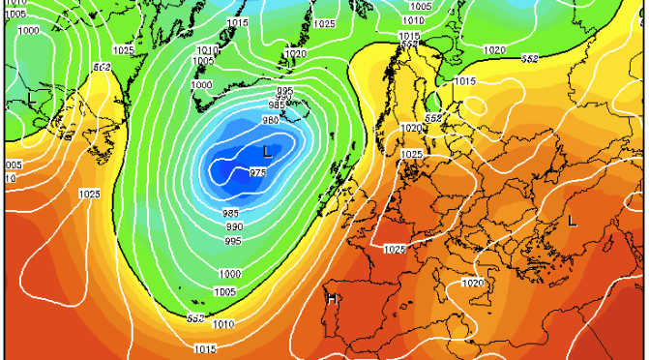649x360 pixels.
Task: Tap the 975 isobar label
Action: pos(257,172)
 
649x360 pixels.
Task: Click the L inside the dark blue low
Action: pos(267,151)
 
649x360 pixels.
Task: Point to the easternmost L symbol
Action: pos(572,221)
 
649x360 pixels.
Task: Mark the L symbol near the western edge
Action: pos(31,100)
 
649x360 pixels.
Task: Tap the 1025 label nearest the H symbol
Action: pos(395,250)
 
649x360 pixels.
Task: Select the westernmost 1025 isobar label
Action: pos(89,195)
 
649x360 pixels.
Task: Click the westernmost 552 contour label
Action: pos(100,67)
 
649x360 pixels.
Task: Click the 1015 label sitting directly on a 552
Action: pos(409,36)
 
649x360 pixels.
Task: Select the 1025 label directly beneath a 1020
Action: pos(411,154)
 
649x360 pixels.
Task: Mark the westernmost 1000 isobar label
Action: pos(29,31)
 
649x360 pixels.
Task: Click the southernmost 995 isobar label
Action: pos(233,241)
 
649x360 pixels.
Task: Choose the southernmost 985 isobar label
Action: pos(230,213)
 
